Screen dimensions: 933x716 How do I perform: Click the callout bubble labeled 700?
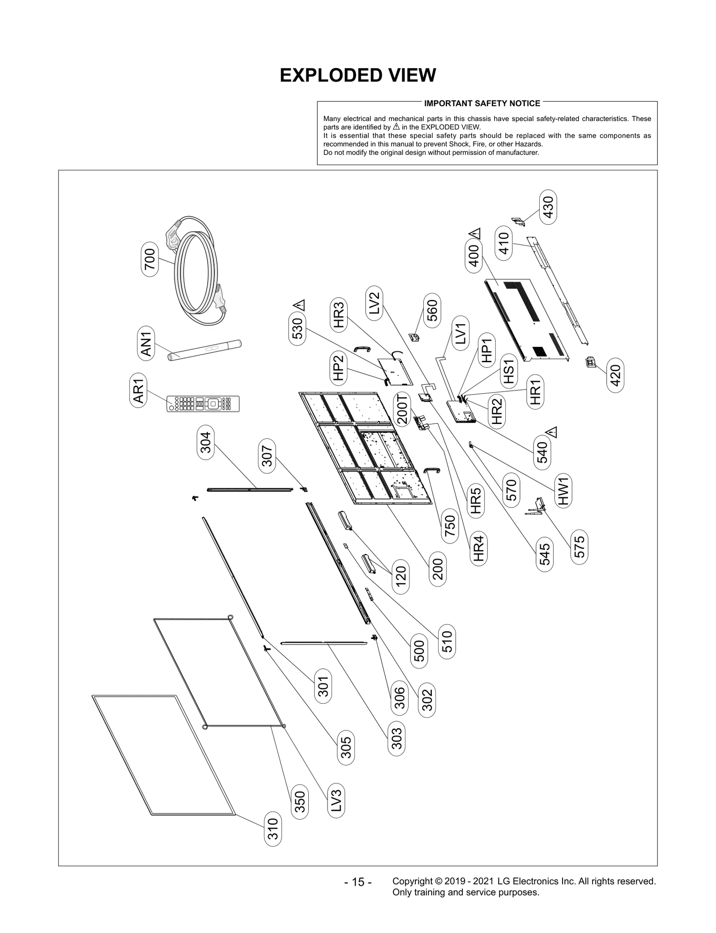[150, 259]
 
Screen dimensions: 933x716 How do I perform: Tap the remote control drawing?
[203, 403]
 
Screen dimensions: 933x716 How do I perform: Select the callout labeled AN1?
[147, 344]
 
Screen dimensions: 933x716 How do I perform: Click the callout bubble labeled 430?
[548, 207]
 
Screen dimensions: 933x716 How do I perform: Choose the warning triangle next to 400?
[475, 233]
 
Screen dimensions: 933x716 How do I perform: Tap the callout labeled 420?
[615, 375]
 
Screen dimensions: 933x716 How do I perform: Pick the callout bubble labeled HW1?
[563, 492]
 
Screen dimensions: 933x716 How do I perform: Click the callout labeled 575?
[579, 547]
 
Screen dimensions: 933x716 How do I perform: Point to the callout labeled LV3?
[336, 800]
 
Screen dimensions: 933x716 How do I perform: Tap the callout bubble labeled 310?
[273, 829]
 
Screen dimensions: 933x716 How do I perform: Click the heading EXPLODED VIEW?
[358, 75]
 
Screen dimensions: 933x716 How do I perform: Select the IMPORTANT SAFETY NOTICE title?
[482, 103]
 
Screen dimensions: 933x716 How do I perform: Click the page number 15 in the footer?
[358, 882]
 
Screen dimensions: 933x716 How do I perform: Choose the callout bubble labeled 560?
[432, 311]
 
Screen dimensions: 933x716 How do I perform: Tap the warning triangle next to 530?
[299, 305]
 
